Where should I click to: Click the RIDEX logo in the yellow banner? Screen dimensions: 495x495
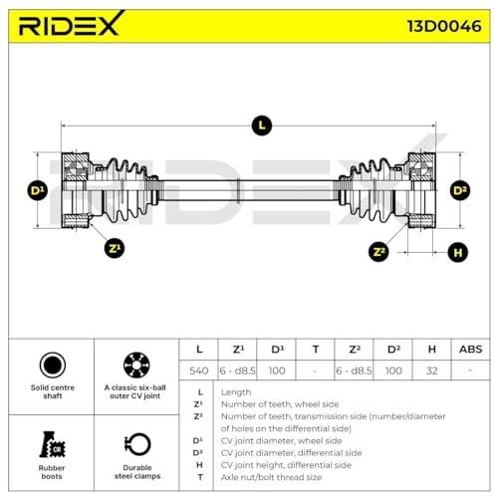point(71,24)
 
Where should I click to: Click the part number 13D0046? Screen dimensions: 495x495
point(444,27)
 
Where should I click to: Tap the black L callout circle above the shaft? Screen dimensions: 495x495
point(262,125)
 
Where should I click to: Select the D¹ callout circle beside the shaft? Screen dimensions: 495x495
point(37,190)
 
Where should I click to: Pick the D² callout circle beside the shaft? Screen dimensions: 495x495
point(460,190)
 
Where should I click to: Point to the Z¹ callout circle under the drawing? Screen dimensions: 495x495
point(115,248)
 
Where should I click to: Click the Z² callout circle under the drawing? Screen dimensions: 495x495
point(378,251)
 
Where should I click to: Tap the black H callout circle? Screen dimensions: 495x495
point(458,252)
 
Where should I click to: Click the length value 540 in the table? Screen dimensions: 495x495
point(198,371)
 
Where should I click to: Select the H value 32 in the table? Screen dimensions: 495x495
point(431,371)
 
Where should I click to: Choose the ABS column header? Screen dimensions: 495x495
point(470,350)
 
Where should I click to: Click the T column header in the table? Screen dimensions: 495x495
point(316,350)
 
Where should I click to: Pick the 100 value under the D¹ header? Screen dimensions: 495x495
point(277,371)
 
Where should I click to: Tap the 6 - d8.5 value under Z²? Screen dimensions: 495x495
point(354,371)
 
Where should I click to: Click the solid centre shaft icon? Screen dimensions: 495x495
point(53,365)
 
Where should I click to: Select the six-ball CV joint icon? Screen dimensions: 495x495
point(136,365)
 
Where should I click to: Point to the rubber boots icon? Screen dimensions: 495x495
point(52,444)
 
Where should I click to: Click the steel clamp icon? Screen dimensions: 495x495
point(137,444)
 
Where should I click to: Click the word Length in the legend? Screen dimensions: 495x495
point(236,392)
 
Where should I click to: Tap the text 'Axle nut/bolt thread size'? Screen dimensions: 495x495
point(271,477)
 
